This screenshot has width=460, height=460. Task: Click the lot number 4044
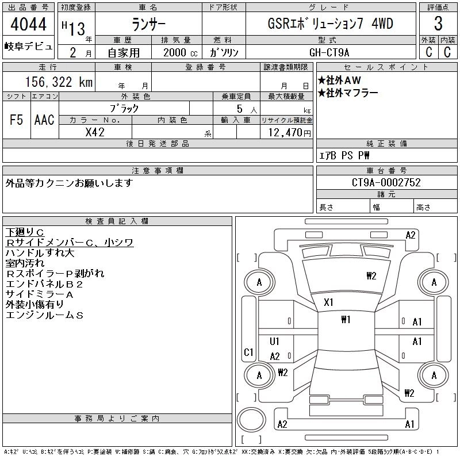pos(29,24)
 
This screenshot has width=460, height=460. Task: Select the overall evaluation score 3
pos(438,24)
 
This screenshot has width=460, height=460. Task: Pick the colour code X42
pos(95,132)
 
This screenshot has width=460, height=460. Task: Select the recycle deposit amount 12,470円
pos(286,133)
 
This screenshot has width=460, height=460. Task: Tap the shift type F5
pos(16,120)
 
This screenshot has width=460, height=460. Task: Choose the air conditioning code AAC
pos(44,120)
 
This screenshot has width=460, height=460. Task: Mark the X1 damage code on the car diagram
pos(329,302)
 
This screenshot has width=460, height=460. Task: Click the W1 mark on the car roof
pos(346,320)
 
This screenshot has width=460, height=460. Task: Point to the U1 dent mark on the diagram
pos(274,342)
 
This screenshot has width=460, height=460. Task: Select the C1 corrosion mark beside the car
pos(249,352)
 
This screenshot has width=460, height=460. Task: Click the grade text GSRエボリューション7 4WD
pos(334,24)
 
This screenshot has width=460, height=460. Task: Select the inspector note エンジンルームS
pos(44,315)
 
